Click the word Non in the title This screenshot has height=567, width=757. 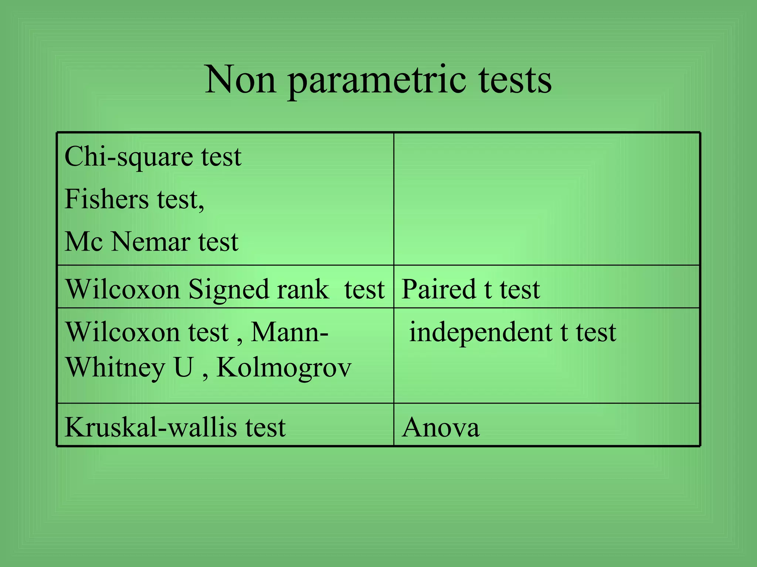point(240,79)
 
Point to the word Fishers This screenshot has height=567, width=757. point(106,199)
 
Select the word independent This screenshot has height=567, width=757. point(481,332)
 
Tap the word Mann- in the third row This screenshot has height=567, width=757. point(289,332)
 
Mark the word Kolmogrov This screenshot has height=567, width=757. point(284,368)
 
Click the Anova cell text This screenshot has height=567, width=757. point(441,427)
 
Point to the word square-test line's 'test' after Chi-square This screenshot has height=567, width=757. point(221,157)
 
